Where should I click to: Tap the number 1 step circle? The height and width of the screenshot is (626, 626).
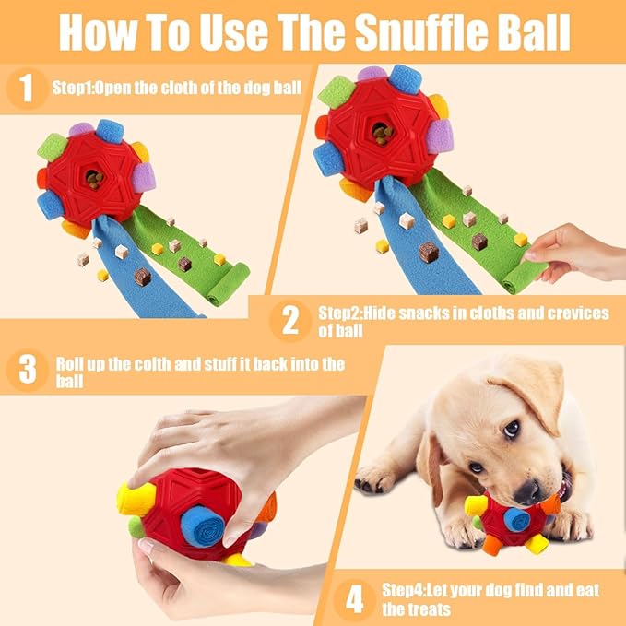(x=27, y=89)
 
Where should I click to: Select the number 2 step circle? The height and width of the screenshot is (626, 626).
(x=291, y=321)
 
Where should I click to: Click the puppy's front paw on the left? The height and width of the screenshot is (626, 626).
(x=375, y=477)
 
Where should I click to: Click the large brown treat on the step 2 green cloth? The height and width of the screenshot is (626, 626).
(x=428, y=251)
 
